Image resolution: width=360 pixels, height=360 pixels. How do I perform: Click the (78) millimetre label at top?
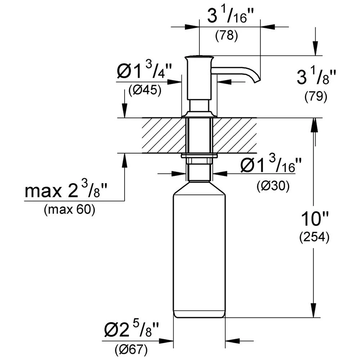click(x=226, y=36)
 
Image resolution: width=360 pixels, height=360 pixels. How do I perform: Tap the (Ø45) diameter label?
click(x=145, y=90)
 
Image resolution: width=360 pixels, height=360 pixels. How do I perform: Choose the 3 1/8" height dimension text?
click(x=316, y=77)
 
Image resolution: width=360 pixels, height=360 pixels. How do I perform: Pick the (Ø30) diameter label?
click(x=273, y=186)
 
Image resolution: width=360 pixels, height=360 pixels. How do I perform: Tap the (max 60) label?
click(x=69, y=210)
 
